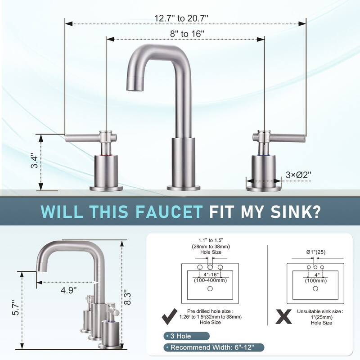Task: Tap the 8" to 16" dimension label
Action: click(184, 34)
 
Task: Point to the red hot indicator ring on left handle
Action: click(106, 155)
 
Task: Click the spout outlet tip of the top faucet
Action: click(133, 84)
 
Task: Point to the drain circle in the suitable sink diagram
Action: click(210, 288)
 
